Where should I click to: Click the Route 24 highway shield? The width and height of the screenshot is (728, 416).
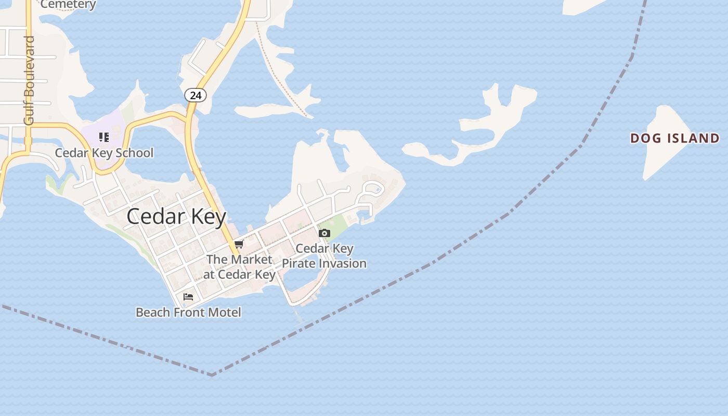196,95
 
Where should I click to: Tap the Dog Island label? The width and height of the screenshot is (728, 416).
674,138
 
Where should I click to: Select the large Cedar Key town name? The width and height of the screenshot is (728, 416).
176,216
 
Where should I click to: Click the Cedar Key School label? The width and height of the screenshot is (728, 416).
104,153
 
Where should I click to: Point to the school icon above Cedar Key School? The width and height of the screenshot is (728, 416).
104,137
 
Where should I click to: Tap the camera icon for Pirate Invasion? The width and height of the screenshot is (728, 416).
324,233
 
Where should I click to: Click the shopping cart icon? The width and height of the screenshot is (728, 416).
239,244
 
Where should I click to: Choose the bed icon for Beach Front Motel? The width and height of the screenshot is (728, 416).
188,297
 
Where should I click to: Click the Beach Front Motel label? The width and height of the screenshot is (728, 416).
188,313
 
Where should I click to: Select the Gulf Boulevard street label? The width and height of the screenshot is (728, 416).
29,81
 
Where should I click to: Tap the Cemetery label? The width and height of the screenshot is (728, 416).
68,5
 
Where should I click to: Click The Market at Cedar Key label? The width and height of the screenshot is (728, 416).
239,267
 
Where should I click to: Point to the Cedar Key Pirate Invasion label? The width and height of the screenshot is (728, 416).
324,256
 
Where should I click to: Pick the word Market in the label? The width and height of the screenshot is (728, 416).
252,259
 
